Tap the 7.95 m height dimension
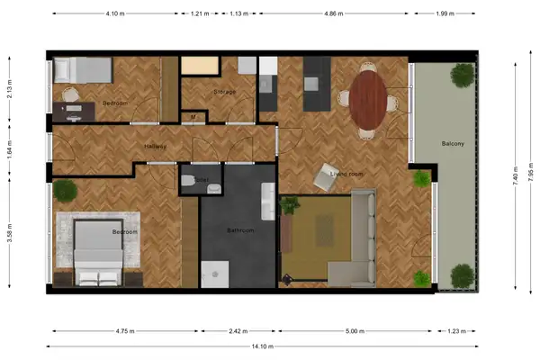point(530,171)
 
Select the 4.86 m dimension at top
point(346,14)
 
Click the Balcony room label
point(453,144)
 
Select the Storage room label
point(225,92)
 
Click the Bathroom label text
point(240,230)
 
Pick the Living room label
point(346,174)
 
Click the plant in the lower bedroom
point(65,191)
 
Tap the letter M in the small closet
point(193,116)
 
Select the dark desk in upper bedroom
point(72,111)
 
